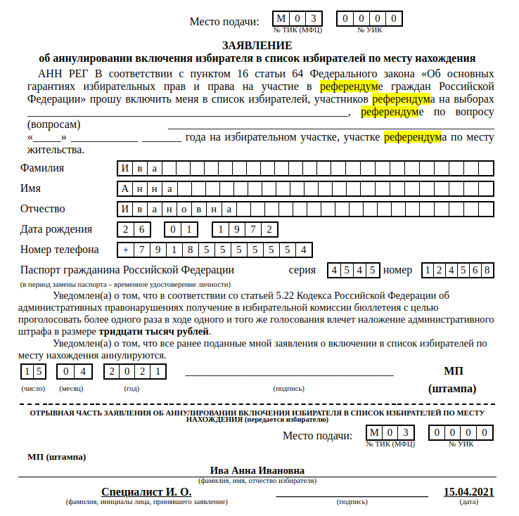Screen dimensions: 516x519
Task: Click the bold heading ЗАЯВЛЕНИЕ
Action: click(257, 46)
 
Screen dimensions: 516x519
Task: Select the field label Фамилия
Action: click(42, 168)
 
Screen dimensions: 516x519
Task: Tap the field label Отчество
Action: click(42, 209)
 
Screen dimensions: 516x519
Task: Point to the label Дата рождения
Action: click(56, 229)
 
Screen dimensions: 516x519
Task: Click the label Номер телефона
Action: click(60, 250)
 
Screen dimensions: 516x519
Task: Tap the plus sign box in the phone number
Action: click(126, 250)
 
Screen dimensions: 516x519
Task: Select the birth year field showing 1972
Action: click(245, 229)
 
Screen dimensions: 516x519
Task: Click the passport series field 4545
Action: click(354, 270)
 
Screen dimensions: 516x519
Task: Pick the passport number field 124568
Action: click(457, 270)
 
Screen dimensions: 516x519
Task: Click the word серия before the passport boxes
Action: click(303, 270)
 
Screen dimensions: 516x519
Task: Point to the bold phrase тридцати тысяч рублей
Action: click(154, 331)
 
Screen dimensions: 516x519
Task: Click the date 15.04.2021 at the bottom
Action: click(468, 492)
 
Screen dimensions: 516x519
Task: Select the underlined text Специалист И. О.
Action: click(146, 492)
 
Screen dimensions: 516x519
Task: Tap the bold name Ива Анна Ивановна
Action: click(257, 470)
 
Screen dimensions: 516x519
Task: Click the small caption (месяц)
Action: click(71, 388)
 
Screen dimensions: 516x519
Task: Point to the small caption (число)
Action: click(33, 388)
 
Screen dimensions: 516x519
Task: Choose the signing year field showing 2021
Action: click(135, 371)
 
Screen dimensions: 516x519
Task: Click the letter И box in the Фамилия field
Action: click(126, 168)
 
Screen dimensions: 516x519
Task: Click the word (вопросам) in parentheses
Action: click(53, 124)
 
